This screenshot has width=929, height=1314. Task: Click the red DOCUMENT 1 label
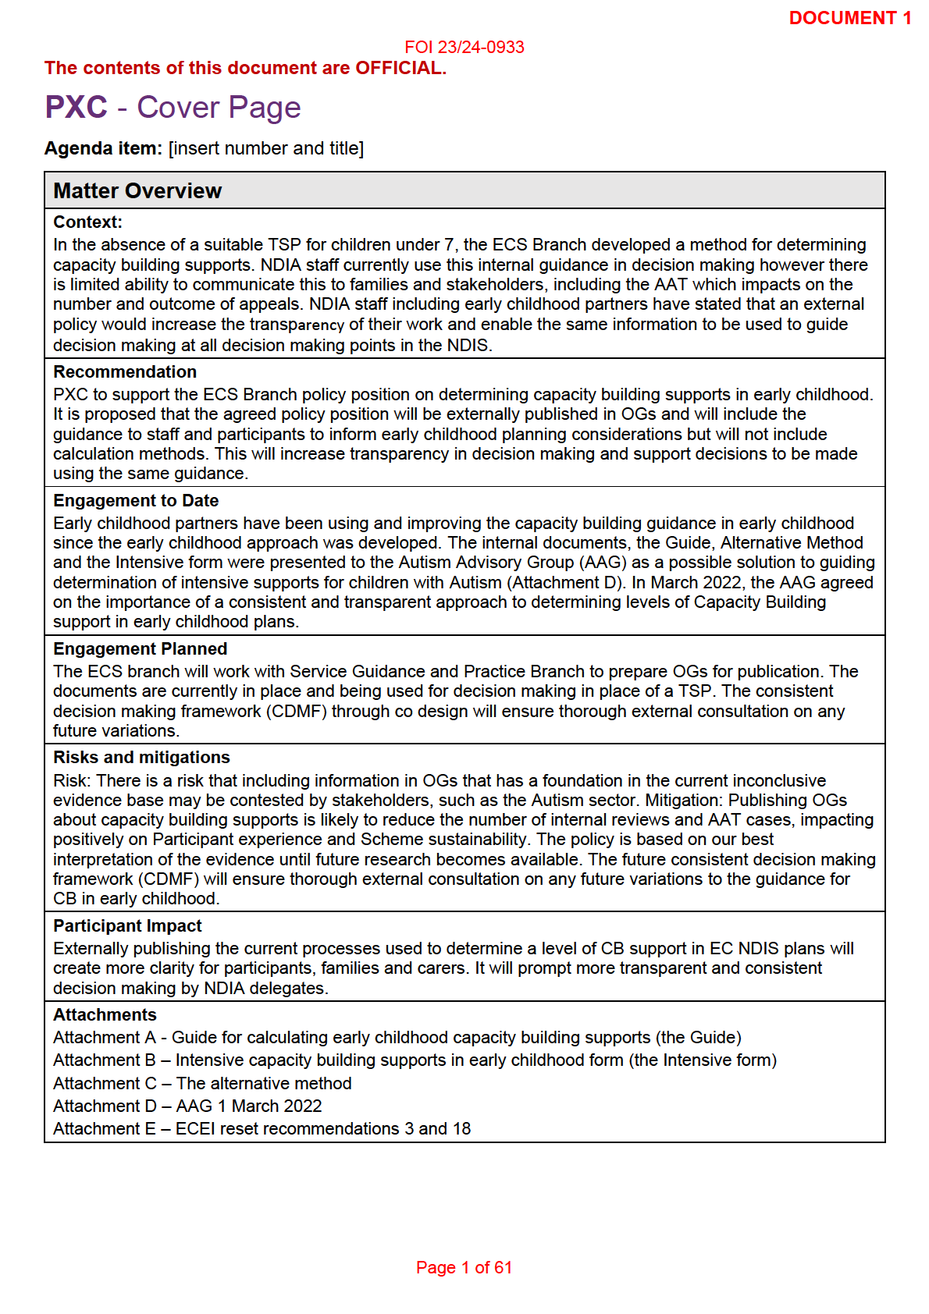click(849, 18)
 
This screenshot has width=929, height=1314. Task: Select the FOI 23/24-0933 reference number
click(464, 48)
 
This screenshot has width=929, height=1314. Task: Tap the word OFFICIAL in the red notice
click(399, 69)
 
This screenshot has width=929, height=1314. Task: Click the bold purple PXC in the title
click(76, 108)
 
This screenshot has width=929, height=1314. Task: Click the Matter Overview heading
click(137, 191)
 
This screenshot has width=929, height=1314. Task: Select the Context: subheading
click(87, 222)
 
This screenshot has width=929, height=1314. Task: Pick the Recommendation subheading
click(125, 372)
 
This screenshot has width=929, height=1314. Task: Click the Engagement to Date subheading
click(136, 501)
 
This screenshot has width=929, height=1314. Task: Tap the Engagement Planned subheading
click(140, 649)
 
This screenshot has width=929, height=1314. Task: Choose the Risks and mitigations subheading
click(141, 758)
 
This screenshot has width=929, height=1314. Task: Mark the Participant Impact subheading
click(127, 926)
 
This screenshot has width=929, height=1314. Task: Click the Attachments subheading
click(105, 1015)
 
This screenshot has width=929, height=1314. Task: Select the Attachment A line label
click(105, 1038)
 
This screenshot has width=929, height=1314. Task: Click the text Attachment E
click(105, 1129)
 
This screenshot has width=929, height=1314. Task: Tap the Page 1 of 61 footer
click(464, 1268)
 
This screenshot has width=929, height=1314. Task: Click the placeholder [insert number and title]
click(266, 148)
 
